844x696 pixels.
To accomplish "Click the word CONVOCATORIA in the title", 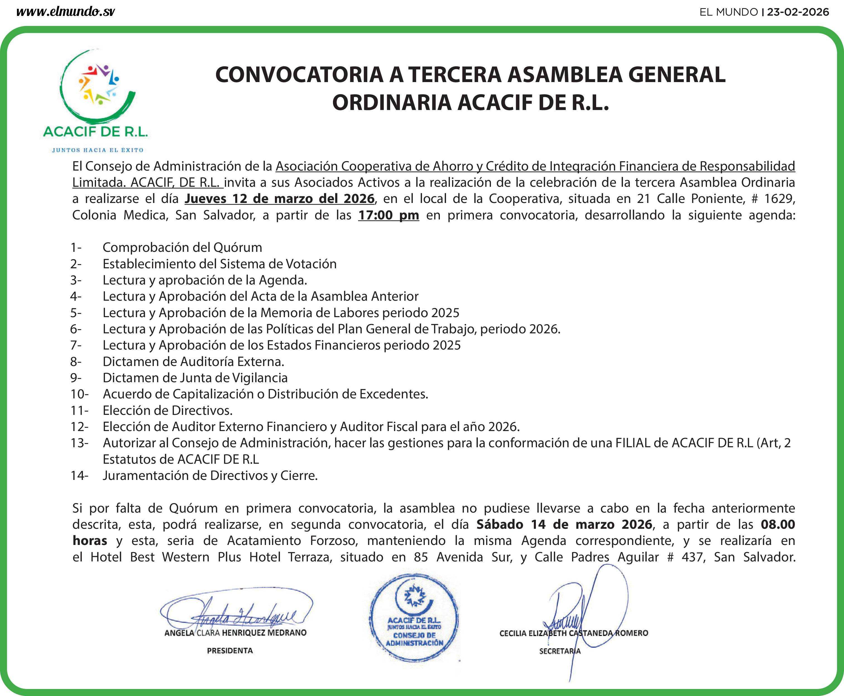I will click(x=299, y=75).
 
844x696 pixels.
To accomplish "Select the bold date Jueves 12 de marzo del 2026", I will click(x=279, y=199).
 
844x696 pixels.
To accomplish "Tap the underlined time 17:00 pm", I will click(x=388, y=215).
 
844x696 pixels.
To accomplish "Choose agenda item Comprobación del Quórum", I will click(x=182, y=247).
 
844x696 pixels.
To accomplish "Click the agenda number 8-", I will click(x=76, y=362).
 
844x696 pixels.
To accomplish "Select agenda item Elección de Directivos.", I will click(x=167, y=411).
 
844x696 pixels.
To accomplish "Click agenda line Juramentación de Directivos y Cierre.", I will click(x=210, y=475).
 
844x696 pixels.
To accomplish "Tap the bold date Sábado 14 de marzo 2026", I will click(x=564, y=524).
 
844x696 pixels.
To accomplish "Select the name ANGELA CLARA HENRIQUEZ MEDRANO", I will click(x=235, y=633).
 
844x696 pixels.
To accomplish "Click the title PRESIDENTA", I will click(x=230, y=650).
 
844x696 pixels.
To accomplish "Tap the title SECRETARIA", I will click(x=560, y=651).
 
